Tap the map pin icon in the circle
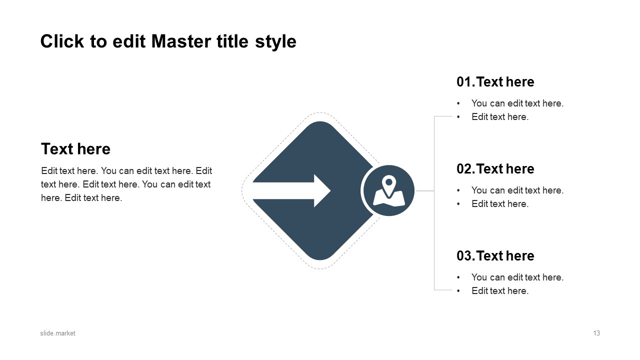click(388, 190)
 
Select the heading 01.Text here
click(495, 82)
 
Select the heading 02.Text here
click(495, 169)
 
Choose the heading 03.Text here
click(495, 256)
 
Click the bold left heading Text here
click(75, 149)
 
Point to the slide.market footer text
click(57, 333)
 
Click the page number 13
click(596, 333)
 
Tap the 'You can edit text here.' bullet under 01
click(517, 103)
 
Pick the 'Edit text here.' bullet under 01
click(499, 117)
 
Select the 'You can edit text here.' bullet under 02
click(517, 190)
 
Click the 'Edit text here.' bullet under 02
click(499, 204)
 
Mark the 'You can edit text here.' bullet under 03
click(517, 277)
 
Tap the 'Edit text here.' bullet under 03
click(499, 291)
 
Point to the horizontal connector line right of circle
click(424, 190)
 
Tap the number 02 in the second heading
click(464, 169)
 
